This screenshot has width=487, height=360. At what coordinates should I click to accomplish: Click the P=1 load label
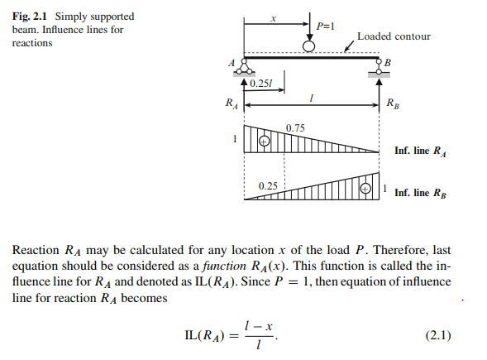pos(325,26)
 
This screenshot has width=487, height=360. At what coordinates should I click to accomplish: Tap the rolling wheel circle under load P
pos(308,46)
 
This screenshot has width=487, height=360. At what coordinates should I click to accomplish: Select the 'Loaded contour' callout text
pos(394,36)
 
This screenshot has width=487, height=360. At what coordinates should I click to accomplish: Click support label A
pos(232,63)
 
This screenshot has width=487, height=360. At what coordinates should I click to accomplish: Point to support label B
pos(387,63)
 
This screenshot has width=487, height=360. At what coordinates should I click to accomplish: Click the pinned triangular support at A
pos(244,68)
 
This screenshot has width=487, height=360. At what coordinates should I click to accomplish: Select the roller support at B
pos(379,69)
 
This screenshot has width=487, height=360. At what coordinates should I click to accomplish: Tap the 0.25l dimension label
pos(261,84)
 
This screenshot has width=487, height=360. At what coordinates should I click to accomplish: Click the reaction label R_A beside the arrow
pos(232,103)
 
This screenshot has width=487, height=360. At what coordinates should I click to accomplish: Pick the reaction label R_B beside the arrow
pos(393,103)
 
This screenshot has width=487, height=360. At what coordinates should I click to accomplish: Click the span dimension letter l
pos(311,98)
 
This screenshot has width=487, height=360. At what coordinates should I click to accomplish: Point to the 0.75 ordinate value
pos(295,128)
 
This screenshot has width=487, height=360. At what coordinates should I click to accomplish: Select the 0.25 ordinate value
pos(268,186)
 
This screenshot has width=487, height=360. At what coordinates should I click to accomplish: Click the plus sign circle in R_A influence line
pos(264,142)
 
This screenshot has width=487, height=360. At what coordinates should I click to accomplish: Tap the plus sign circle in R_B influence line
pos(365,189)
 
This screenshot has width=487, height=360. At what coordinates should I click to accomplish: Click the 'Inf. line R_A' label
pos(420,151)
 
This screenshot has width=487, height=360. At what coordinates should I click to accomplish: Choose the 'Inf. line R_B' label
pos(420,194)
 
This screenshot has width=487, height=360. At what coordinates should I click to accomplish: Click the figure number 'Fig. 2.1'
pos(29,17)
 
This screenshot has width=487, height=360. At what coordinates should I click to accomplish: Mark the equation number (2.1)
pos(438,335)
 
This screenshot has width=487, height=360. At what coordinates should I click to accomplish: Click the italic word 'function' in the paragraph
pos(224,266)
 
